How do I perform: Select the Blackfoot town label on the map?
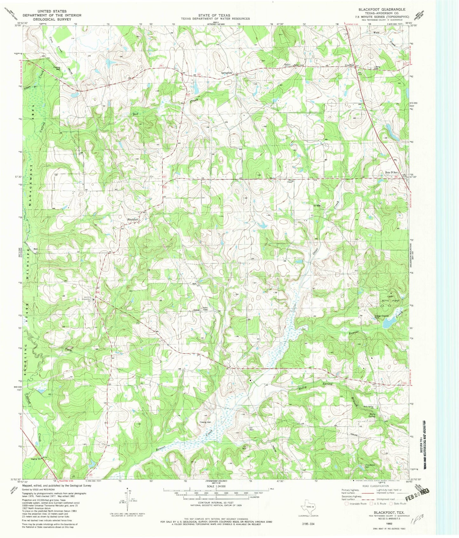[x=133, y=219]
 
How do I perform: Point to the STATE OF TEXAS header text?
[x=215, y=15]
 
